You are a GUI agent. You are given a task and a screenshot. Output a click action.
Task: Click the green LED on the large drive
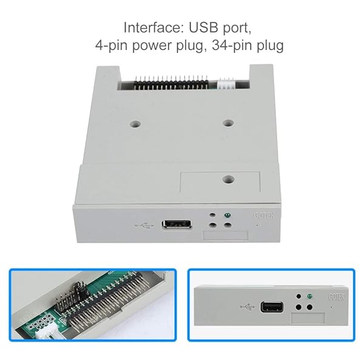pyautogui.click(x=226, y=216)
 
